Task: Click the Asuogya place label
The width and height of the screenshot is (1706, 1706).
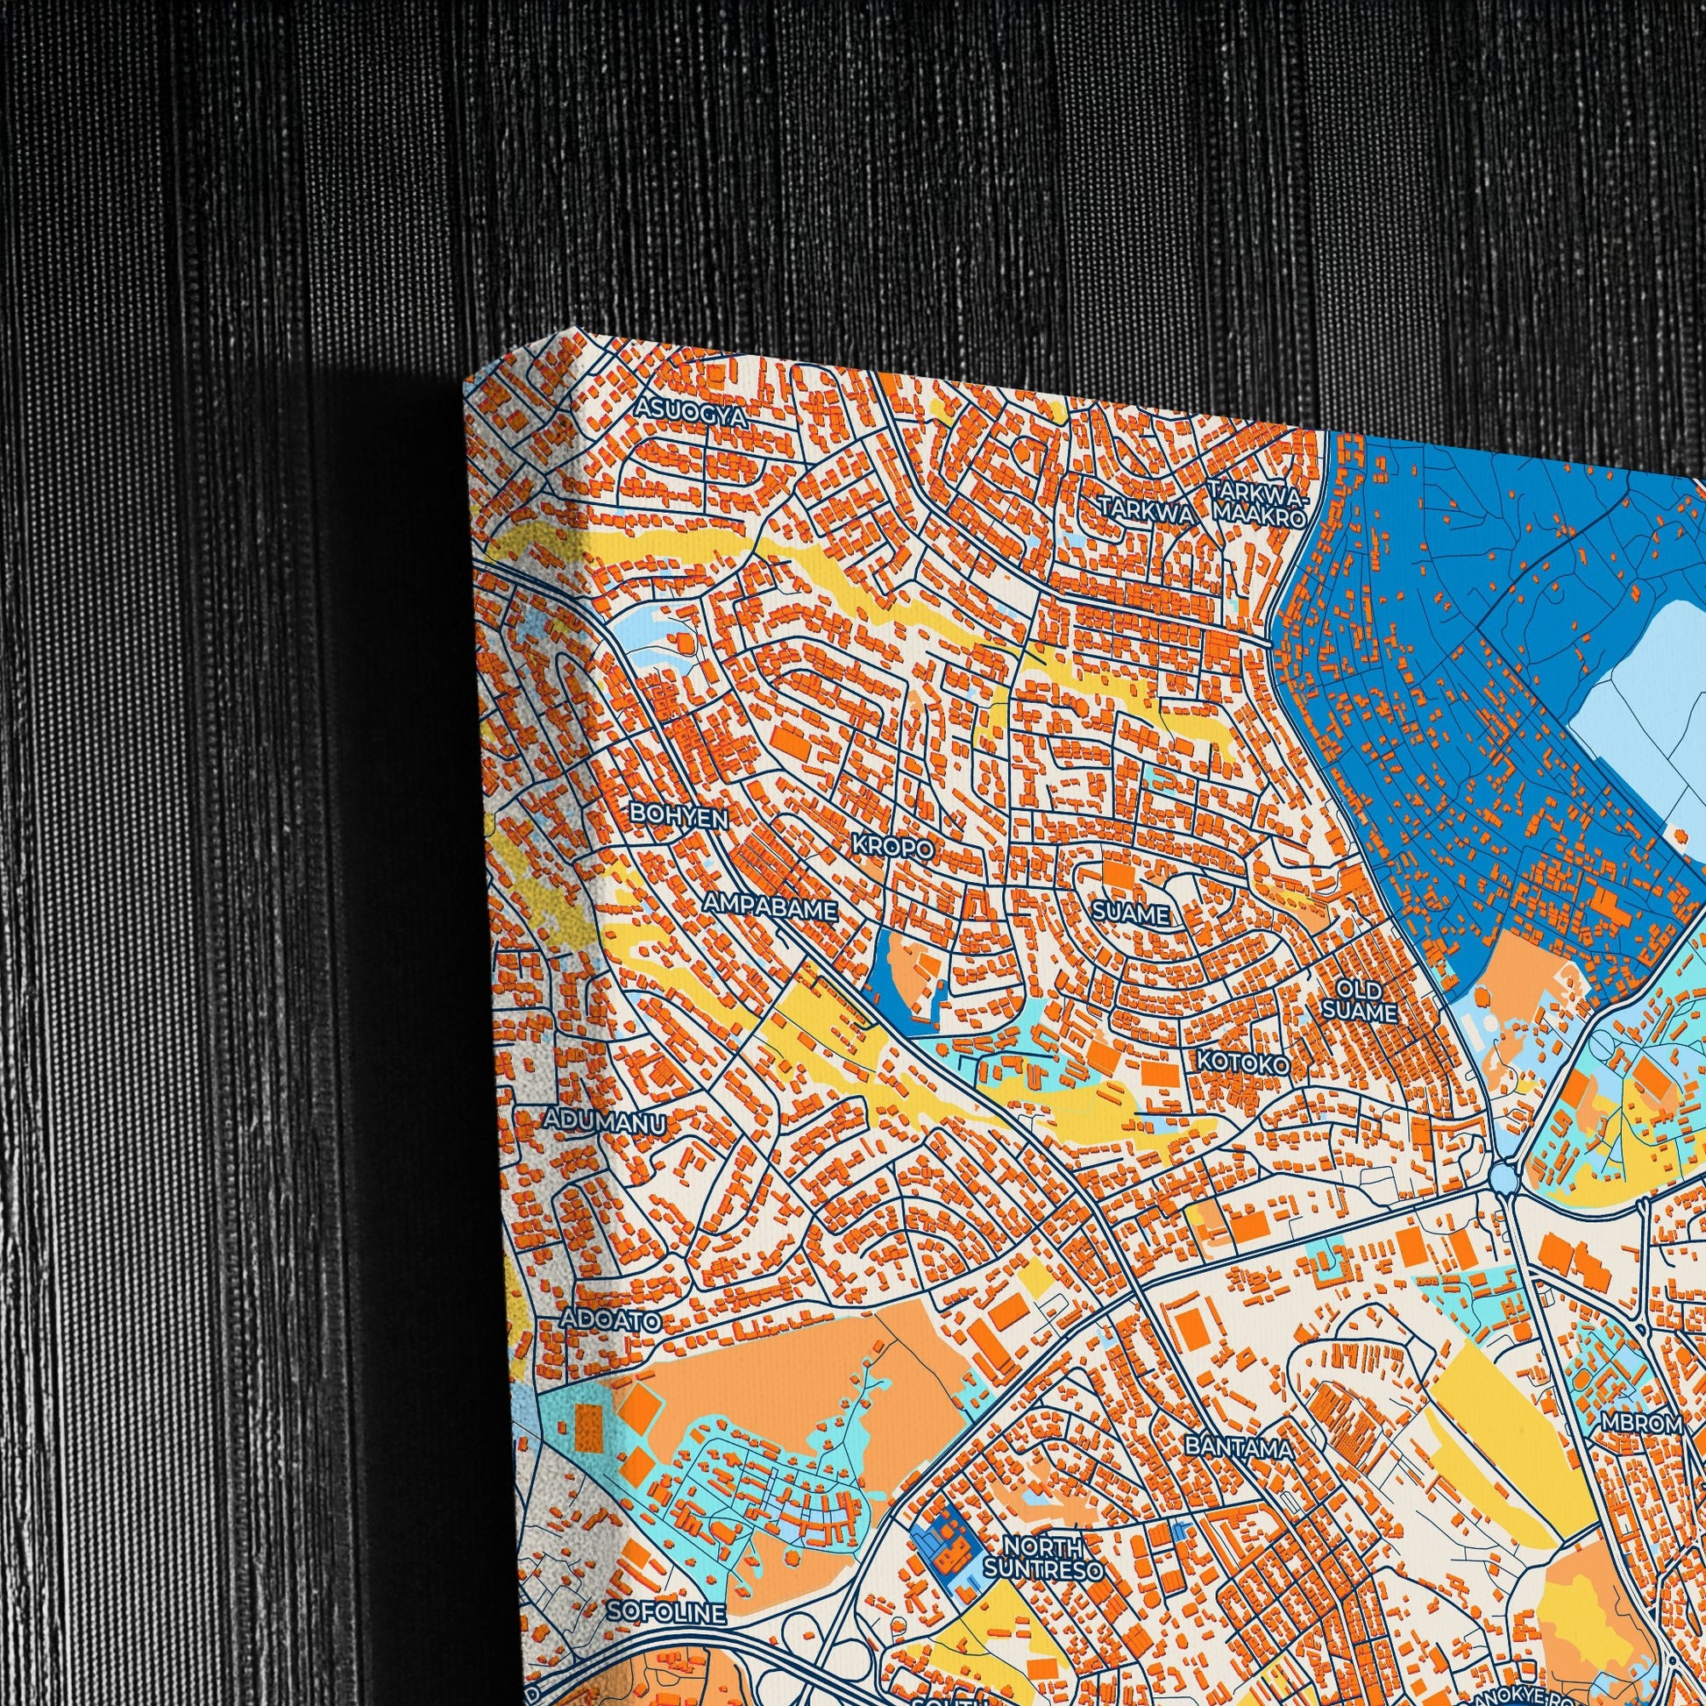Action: click(692, 412)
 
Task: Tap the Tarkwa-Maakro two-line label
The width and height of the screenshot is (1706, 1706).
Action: click(1259, 503)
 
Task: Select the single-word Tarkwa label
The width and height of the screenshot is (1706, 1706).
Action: click(1146, 509)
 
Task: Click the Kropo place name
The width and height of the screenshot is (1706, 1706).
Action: click(892, 847)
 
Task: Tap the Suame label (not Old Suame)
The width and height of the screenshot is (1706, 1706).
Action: click(1131, 913)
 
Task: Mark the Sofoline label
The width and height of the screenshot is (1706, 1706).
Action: click(666, 1612)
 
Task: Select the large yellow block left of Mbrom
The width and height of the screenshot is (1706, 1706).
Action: click(1492, 1413)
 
